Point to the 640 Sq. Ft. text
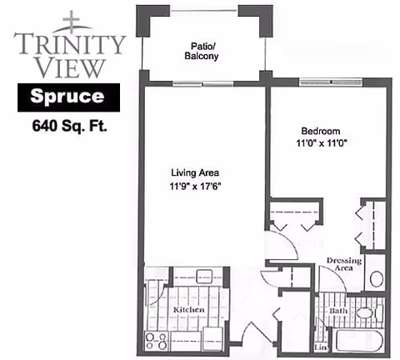coord(70,127)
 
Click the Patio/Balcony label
coord(201,52)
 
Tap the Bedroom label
coord(320,131)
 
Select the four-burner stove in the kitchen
coord(156,342)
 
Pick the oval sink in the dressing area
coord(376,279)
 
